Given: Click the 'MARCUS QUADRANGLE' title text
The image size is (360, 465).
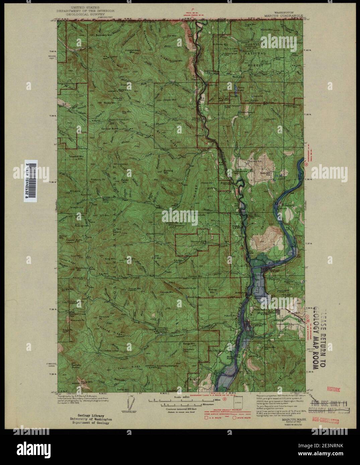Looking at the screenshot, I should click(283, 15).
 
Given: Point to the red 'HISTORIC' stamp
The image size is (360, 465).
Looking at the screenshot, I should click(334, 389).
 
